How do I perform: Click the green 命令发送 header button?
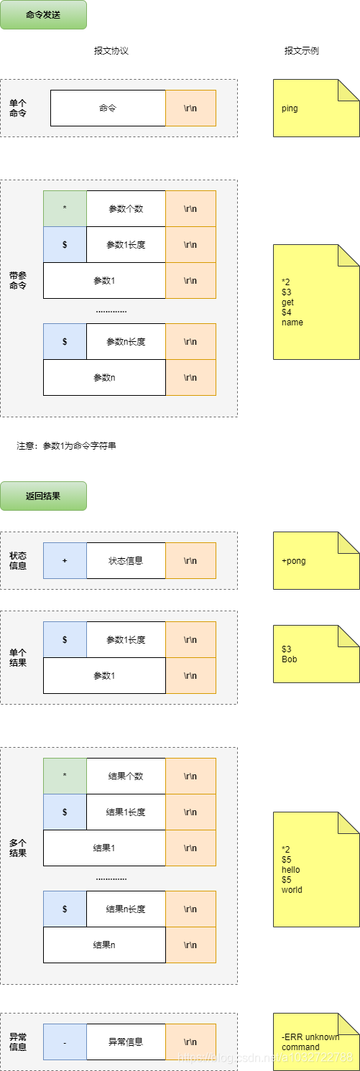tap(43, 15)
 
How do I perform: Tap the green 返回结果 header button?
tap(43, 496)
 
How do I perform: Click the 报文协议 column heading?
tap(111, 51)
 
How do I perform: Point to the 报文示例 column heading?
tap(302, 51)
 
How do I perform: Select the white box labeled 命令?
tap(108, 108)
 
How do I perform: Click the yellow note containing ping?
tap(316, 108)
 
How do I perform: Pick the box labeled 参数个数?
tap(126, 209)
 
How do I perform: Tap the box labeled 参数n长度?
tap(126, 341)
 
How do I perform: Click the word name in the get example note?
tap(292, 323)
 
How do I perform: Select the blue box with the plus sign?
tap(65, 560)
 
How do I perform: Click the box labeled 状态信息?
tap(126, 560)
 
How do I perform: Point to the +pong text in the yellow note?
tap(294, 561)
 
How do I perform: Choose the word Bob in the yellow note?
tap(290, 659)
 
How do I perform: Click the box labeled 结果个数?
tap(126, 776)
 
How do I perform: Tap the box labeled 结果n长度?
tap(126, 909)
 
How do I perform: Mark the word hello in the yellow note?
tap(291, 870)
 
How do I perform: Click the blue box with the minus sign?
tap(65, 1042)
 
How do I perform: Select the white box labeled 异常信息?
tap(126, 1042)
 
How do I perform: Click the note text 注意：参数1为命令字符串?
tap(66, 445)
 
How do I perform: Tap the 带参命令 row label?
tap(18, 281)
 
